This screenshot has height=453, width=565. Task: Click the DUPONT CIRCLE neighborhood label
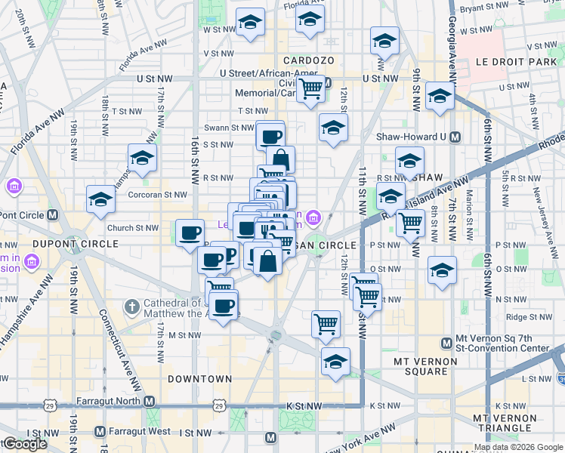click(76, 244)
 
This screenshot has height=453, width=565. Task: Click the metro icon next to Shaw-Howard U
click(455, 137)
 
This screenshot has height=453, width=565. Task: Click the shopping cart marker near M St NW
click(326, 323)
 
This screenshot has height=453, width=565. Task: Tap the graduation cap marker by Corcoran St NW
click(100, 199)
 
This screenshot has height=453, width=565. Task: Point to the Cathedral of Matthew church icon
click(131, 307)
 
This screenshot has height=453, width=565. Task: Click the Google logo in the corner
click(24, 444)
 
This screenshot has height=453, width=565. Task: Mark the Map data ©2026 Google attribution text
click(517, 447)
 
